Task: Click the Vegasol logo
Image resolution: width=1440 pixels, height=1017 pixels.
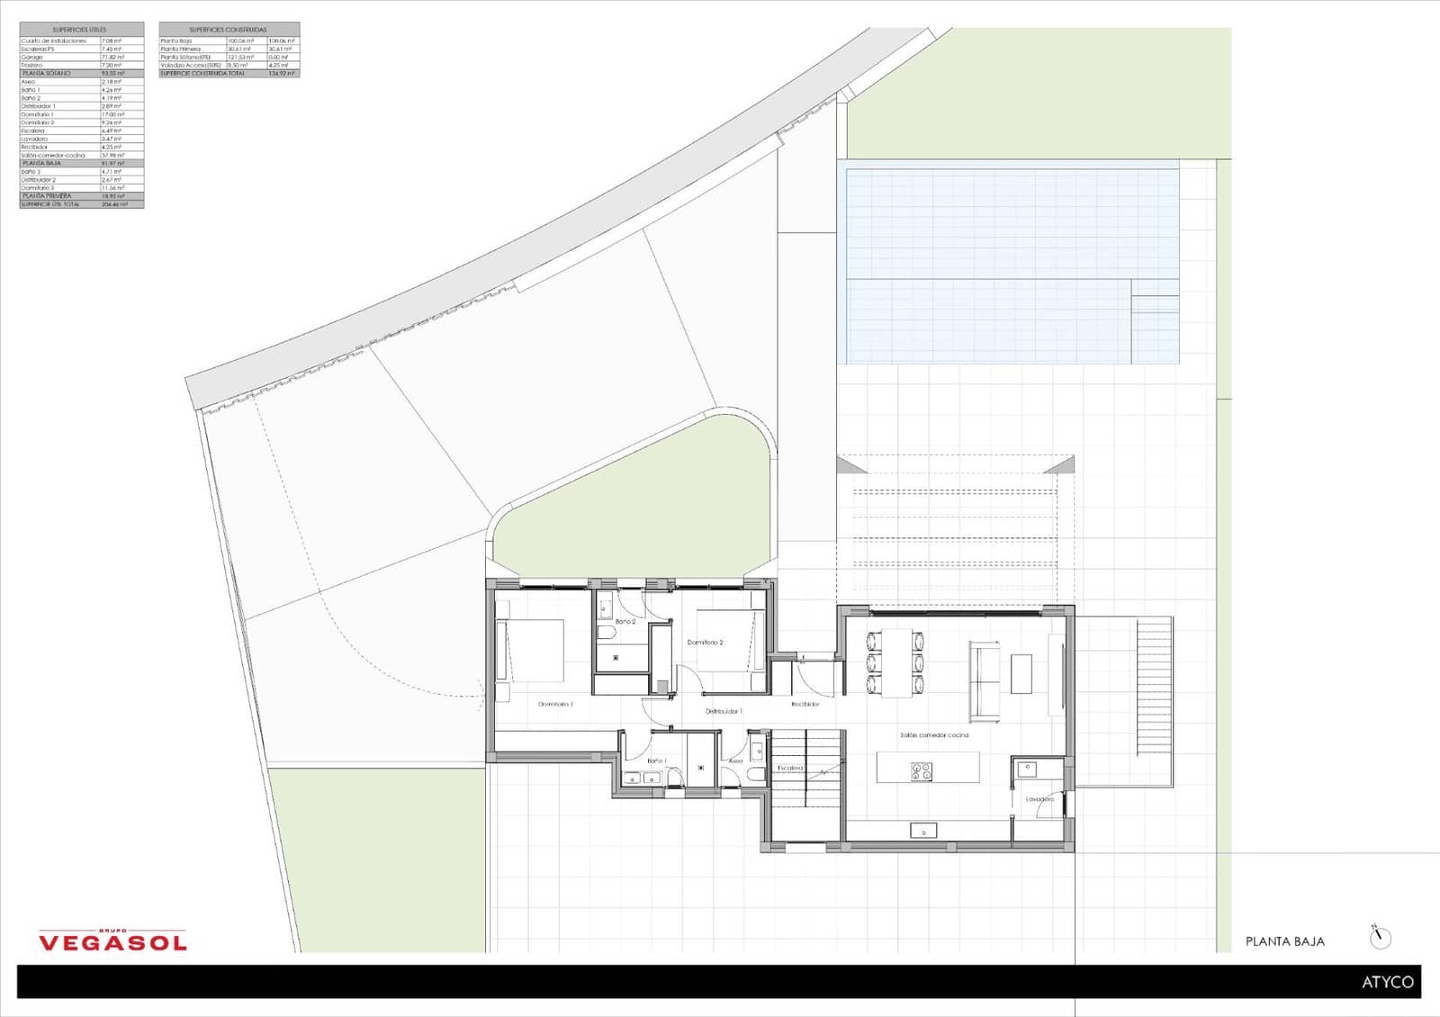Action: pos(112,940)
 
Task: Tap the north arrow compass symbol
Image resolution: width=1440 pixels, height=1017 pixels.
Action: pos(1380,938)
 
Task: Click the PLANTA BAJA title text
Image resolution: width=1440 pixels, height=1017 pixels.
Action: pos(1284,941)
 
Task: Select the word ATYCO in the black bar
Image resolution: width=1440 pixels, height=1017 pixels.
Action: pos(1387,982)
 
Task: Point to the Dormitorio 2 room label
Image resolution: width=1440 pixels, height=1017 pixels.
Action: pos(705,643)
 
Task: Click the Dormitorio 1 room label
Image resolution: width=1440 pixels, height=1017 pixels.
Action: pos(555,704)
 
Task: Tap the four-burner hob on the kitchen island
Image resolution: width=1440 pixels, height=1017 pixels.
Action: pos(922,770)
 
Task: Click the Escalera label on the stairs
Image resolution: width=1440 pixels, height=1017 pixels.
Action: pos(790,768)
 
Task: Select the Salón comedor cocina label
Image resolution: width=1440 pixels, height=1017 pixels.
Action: pos(934,735)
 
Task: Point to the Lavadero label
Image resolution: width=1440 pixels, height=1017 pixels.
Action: pos(1039,799)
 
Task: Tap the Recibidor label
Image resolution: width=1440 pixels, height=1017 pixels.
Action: pos(805,704)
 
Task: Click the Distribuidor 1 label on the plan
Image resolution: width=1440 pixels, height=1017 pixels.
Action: pos(724,711)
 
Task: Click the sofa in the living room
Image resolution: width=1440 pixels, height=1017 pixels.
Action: pos(984,680)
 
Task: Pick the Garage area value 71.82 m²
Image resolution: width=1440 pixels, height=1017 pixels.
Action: pos(112,57)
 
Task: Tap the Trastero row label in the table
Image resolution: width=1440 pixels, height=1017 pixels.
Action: pos(32,65)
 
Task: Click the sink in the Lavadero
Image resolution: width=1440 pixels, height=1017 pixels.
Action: pos(1027,769)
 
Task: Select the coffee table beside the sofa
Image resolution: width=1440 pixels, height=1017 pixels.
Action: pos(1021,673)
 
